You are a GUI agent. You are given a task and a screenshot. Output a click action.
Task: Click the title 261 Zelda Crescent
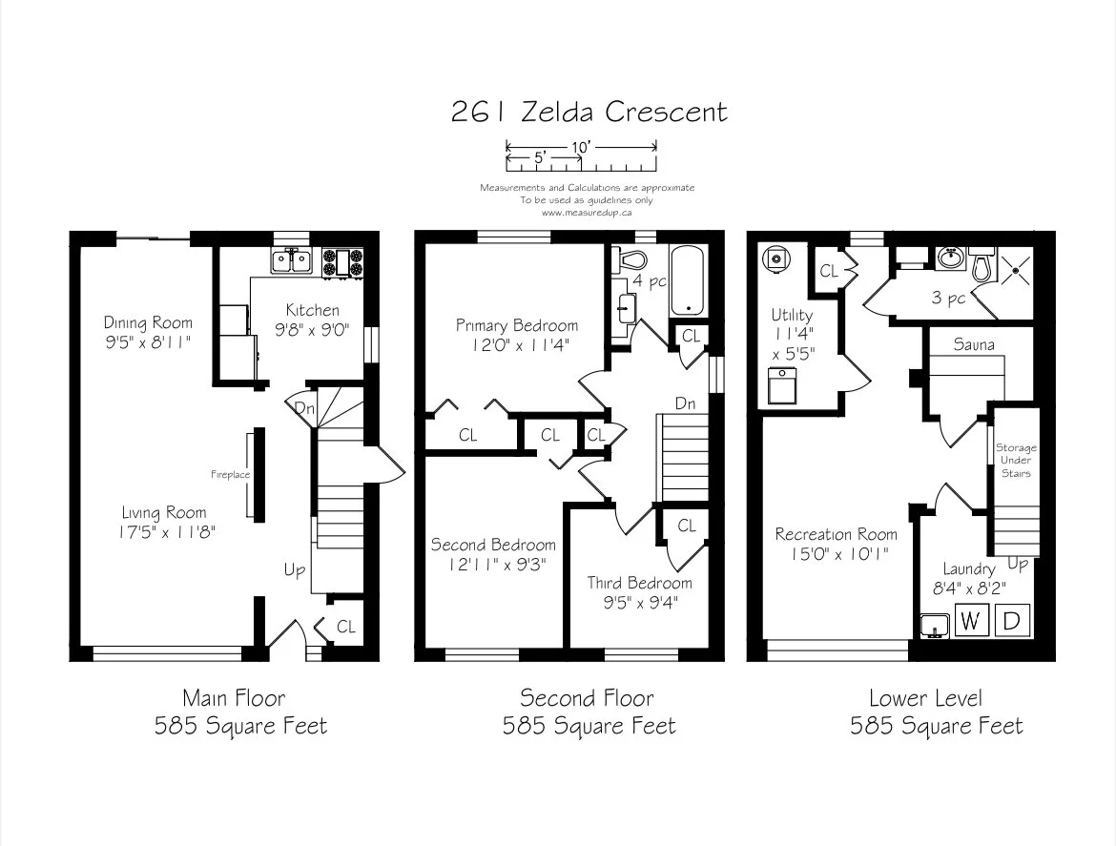point(589,112)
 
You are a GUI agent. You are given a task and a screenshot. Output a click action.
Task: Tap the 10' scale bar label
point(581,147)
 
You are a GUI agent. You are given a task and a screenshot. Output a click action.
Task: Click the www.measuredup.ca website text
point(587,212)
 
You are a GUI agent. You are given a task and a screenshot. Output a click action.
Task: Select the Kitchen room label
point(313,310)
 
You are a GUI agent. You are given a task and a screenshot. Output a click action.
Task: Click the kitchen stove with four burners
point(342,262)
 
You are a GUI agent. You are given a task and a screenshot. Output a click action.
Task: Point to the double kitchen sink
point(292,261)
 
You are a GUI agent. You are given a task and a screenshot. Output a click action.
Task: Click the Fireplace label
point(230,475)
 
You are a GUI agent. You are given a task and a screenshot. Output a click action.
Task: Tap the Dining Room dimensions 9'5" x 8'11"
point(148,343)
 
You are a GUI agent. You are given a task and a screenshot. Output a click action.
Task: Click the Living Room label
point(164,512)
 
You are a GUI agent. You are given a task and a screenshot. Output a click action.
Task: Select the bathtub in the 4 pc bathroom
point(688,280)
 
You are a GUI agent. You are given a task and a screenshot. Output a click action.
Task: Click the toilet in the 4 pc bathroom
point(628,259)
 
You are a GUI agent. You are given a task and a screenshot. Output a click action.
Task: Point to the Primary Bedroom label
point(517,326)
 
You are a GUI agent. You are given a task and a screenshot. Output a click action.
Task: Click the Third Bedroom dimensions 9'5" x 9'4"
point(641,604)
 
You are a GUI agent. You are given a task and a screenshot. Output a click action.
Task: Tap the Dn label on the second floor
point(686,403)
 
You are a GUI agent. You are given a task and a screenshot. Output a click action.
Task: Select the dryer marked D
point(1011,620)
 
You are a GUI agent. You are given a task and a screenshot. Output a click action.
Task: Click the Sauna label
point(974,345)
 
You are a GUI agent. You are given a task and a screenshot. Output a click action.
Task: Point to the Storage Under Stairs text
point(1016,461)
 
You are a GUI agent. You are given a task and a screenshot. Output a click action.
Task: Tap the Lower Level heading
point(926,698)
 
